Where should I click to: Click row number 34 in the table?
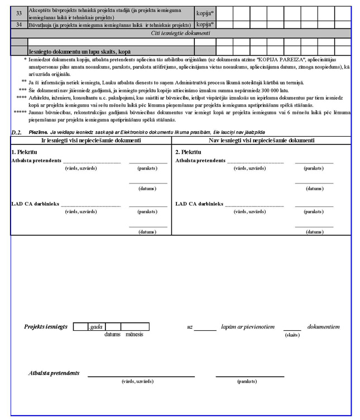pyautogui.click(x=19, y=25)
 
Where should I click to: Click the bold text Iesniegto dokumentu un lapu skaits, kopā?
pyautogui.click(x=80, y=51)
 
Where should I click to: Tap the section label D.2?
pyautogui.click(x=16, y=132)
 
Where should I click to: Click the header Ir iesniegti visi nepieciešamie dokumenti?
pyautogui.click(x=92, y=140)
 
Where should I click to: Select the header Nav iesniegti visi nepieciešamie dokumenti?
pyautogui.click(x=261, y=140)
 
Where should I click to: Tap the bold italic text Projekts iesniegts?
pyautogui.click(x=46, y=326)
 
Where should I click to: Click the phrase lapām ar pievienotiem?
pyautogui.click(x=247, y=326)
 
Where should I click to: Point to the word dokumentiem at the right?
pyautogui.click(x=323, y=326)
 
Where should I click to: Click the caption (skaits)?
pyautogui.click(x=292, y=335)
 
